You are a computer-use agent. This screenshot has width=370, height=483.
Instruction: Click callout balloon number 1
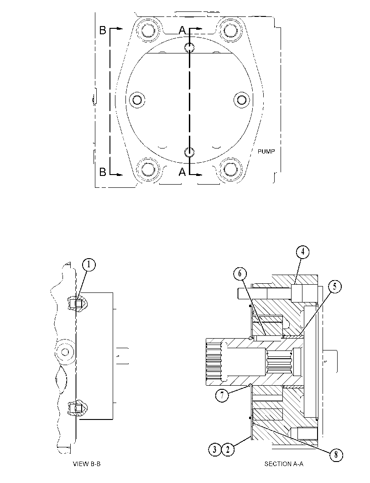coord(89,265)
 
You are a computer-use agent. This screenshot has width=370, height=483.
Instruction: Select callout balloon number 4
coord(302,252)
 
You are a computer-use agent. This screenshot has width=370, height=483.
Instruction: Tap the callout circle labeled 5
coord(335,287)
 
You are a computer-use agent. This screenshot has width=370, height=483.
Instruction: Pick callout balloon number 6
coord(240,274)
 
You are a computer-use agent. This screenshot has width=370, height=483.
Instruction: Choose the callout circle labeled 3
coord(215,450)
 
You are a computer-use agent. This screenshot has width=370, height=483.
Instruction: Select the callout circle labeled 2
coord(228,450)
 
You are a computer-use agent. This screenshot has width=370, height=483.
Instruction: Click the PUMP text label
coord(266,152)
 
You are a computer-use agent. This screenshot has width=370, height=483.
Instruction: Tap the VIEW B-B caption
coord(87,464)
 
